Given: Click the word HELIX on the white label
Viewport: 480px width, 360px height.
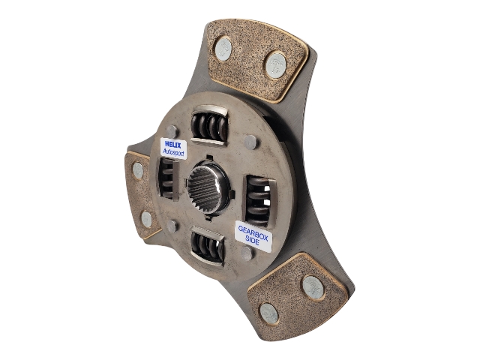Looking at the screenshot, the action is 173,144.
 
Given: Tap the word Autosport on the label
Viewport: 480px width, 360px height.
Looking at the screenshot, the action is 173,151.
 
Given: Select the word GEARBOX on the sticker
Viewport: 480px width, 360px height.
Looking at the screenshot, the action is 253,233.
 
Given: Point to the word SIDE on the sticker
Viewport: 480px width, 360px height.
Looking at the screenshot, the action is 253,242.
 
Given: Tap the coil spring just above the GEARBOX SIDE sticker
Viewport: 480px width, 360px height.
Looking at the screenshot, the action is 259,201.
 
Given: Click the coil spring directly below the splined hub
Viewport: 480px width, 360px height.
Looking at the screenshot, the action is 208,245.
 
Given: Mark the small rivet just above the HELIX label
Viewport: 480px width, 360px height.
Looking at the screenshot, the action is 172,132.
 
